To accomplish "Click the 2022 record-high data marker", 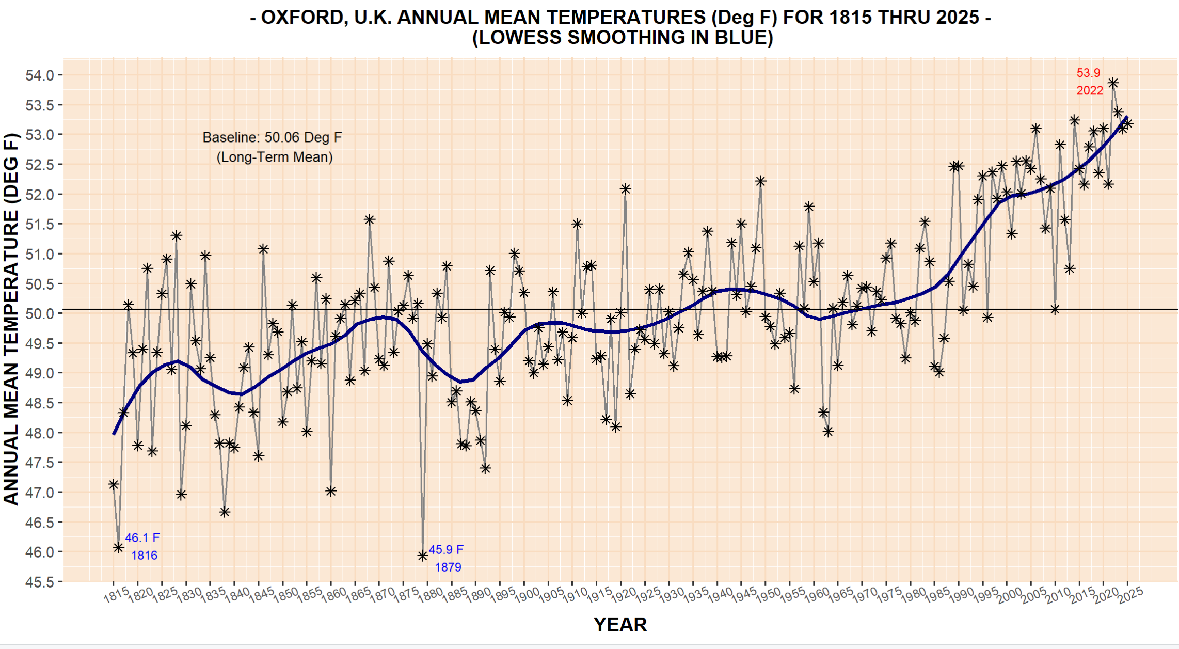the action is tap(1113, 83).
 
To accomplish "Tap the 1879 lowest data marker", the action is tap(423, 556).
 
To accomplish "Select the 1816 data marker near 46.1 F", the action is tap(119, 547).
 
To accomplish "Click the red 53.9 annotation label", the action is tap(1088, 73).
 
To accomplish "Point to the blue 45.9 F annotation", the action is tap(446, 549).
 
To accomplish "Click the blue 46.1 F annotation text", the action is tap(142, 537).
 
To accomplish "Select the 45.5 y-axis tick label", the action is tap(40, 582).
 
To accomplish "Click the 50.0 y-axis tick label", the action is tap(40, 313).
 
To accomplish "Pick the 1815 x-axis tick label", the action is tap(117, 595).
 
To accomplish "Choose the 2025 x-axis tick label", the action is tap(1130, 595).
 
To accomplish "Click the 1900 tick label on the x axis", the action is tap(527, 595).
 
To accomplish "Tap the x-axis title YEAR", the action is tap(620, 625).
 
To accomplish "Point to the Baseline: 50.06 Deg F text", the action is tap(272, 137).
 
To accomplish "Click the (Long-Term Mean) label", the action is tap(275, 157).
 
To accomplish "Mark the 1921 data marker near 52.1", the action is tap(625, 189).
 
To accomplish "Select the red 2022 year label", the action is tap(1090, 90).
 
